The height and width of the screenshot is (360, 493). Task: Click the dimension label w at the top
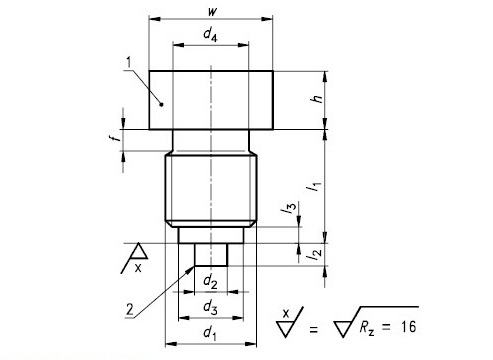pos(212,11)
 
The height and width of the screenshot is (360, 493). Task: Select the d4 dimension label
pos(210,34)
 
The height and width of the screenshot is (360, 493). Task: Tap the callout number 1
pos(129,62)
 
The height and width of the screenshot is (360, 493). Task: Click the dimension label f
pos(115,136)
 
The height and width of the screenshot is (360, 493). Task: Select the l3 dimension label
pos(288,207)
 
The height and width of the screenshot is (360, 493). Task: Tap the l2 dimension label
pos(314,255)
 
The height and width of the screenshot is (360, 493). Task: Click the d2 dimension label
pos(210,282)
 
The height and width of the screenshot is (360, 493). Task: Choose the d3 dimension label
pos(210,307)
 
